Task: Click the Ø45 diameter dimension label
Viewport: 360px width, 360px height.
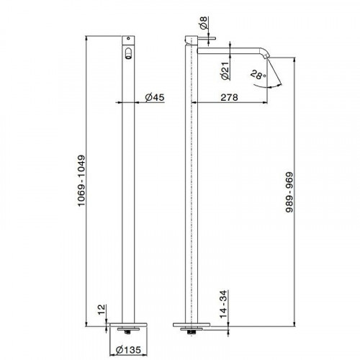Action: click(155, 97)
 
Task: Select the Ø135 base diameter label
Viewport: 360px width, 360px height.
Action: click(128, 350)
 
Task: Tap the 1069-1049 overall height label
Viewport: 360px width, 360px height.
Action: click(82, 181)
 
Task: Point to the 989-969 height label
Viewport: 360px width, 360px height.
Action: click(289, 192)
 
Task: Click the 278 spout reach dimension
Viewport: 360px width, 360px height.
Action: click(229, 97)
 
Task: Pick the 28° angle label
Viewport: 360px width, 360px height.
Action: click(258, 75)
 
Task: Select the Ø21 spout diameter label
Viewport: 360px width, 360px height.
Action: click(225, 71)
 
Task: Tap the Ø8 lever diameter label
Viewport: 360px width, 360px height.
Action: click(204, 23)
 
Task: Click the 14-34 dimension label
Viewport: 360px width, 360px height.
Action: click(223, 304)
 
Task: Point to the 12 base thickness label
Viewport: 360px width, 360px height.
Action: click(102, 310)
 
